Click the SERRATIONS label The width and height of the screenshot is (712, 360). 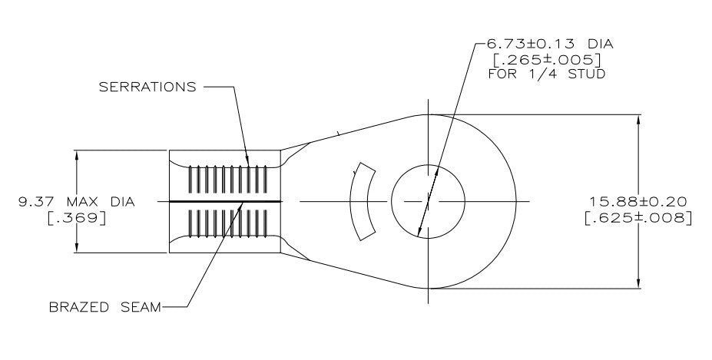click(147, 87)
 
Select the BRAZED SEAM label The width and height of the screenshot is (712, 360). click(105, 307)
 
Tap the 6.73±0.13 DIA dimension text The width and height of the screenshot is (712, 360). click(550, 44)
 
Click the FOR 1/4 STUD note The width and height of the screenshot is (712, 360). click(547, 74)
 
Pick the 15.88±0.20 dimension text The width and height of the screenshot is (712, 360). click(638, 201)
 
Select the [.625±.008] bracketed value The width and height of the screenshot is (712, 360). click(638, 217)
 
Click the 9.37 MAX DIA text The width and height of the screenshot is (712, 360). click(77, 201)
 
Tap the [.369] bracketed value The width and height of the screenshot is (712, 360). click(77, 218)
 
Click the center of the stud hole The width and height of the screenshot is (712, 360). click(428, 201)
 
